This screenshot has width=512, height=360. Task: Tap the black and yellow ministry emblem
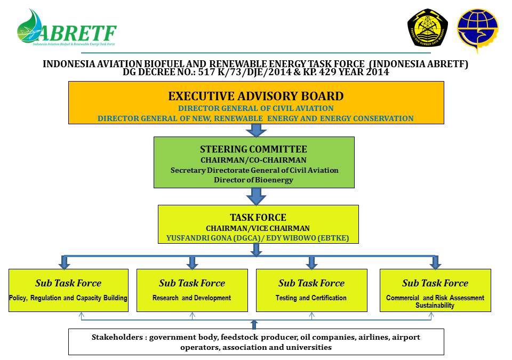[428, 28]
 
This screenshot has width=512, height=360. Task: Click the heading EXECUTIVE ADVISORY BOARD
[255, 97]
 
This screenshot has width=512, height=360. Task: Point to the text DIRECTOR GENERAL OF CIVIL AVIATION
[255, 108]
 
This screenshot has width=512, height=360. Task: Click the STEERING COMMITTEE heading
[253, 149]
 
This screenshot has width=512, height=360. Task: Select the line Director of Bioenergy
[253, 180]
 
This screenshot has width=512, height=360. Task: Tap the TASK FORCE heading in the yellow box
[258, 218]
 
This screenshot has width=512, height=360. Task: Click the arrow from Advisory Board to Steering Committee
[257, 130]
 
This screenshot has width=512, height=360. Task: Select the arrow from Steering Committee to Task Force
[257, 197]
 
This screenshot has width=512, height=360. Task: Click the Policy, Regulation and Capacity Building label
[68, 298]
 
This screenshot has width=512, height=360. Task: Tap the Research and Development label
[192, 298]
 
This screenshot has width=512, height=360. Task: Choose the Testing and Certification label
[311, 298]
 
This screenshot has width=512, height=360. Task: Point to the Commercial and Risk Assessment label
[435, 298]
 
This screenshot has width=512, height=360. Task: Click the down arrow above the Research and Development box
[193, 262]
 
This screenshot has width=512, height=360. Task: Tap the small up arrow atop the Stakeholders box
[254, 324]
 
